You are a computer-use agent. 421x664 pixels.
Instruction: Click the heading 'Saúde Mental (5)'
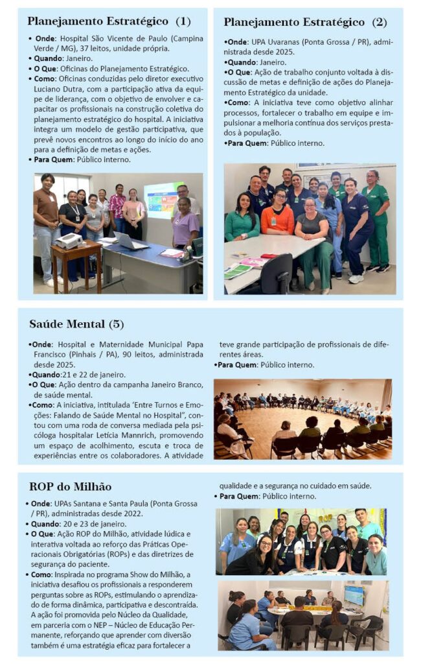point(76,324)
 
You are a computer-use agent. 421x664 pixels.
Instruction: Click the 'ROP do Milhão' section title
point(70,487)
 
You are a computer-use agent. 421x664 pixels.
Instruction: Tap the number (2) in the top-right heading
point(379,22)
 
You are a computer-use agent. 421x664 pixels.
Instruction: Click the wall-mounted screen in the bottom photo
point(354,595)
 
